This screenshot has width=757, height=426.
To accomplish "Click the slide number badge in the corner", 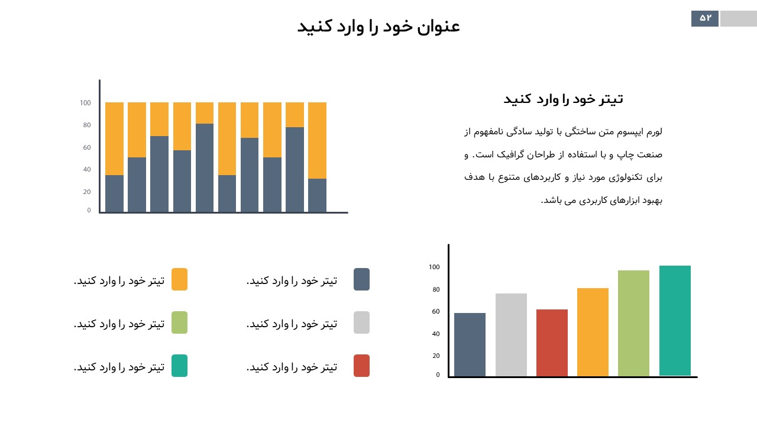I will (705, 18).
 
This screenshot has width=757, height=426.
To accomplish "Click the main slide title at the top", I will (378, 27).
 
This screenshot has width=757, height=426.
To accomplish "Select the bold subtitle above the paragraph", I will (563, 99).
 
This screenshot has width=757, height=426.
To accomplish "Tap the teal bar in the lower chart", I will (675, 321).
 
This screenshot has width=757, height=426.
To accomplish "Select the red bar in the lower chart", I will (552, 343).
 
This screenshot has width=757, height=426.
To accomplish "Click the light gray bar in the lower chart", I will (511, 335).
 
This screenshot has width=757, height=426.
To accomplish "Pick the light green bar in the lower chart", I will (633, 323).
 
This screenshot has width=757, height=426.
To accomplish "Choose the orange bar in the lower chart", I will (593, 332).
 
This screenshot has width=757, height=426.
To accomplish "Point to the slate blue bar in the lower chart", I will (470, 344).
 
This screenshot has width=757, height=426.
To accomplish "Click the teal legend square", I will (179, 366).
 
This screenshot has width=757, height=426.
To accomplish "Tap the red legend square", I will (361, 366).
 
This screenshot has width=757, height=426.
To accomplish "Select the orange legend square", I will (179, 279).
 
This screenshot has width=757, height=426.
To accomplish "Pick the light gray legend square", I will (361, 322).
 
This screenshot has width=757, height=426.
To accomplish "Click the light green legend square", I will (179, 322).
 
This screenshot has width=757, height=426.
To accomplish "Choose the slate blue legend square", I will (361, 279).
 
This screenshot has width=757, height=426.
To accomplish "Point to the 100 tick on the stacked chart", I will (85, 103).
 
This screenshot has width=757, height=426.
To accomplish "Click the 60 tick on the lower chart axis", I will (435, 312).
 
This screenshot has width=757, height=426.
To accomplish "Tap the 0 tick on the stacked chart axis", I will (89, 210).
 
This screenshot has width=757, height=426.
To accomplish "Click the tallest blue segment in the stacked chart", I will (205, 167).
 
